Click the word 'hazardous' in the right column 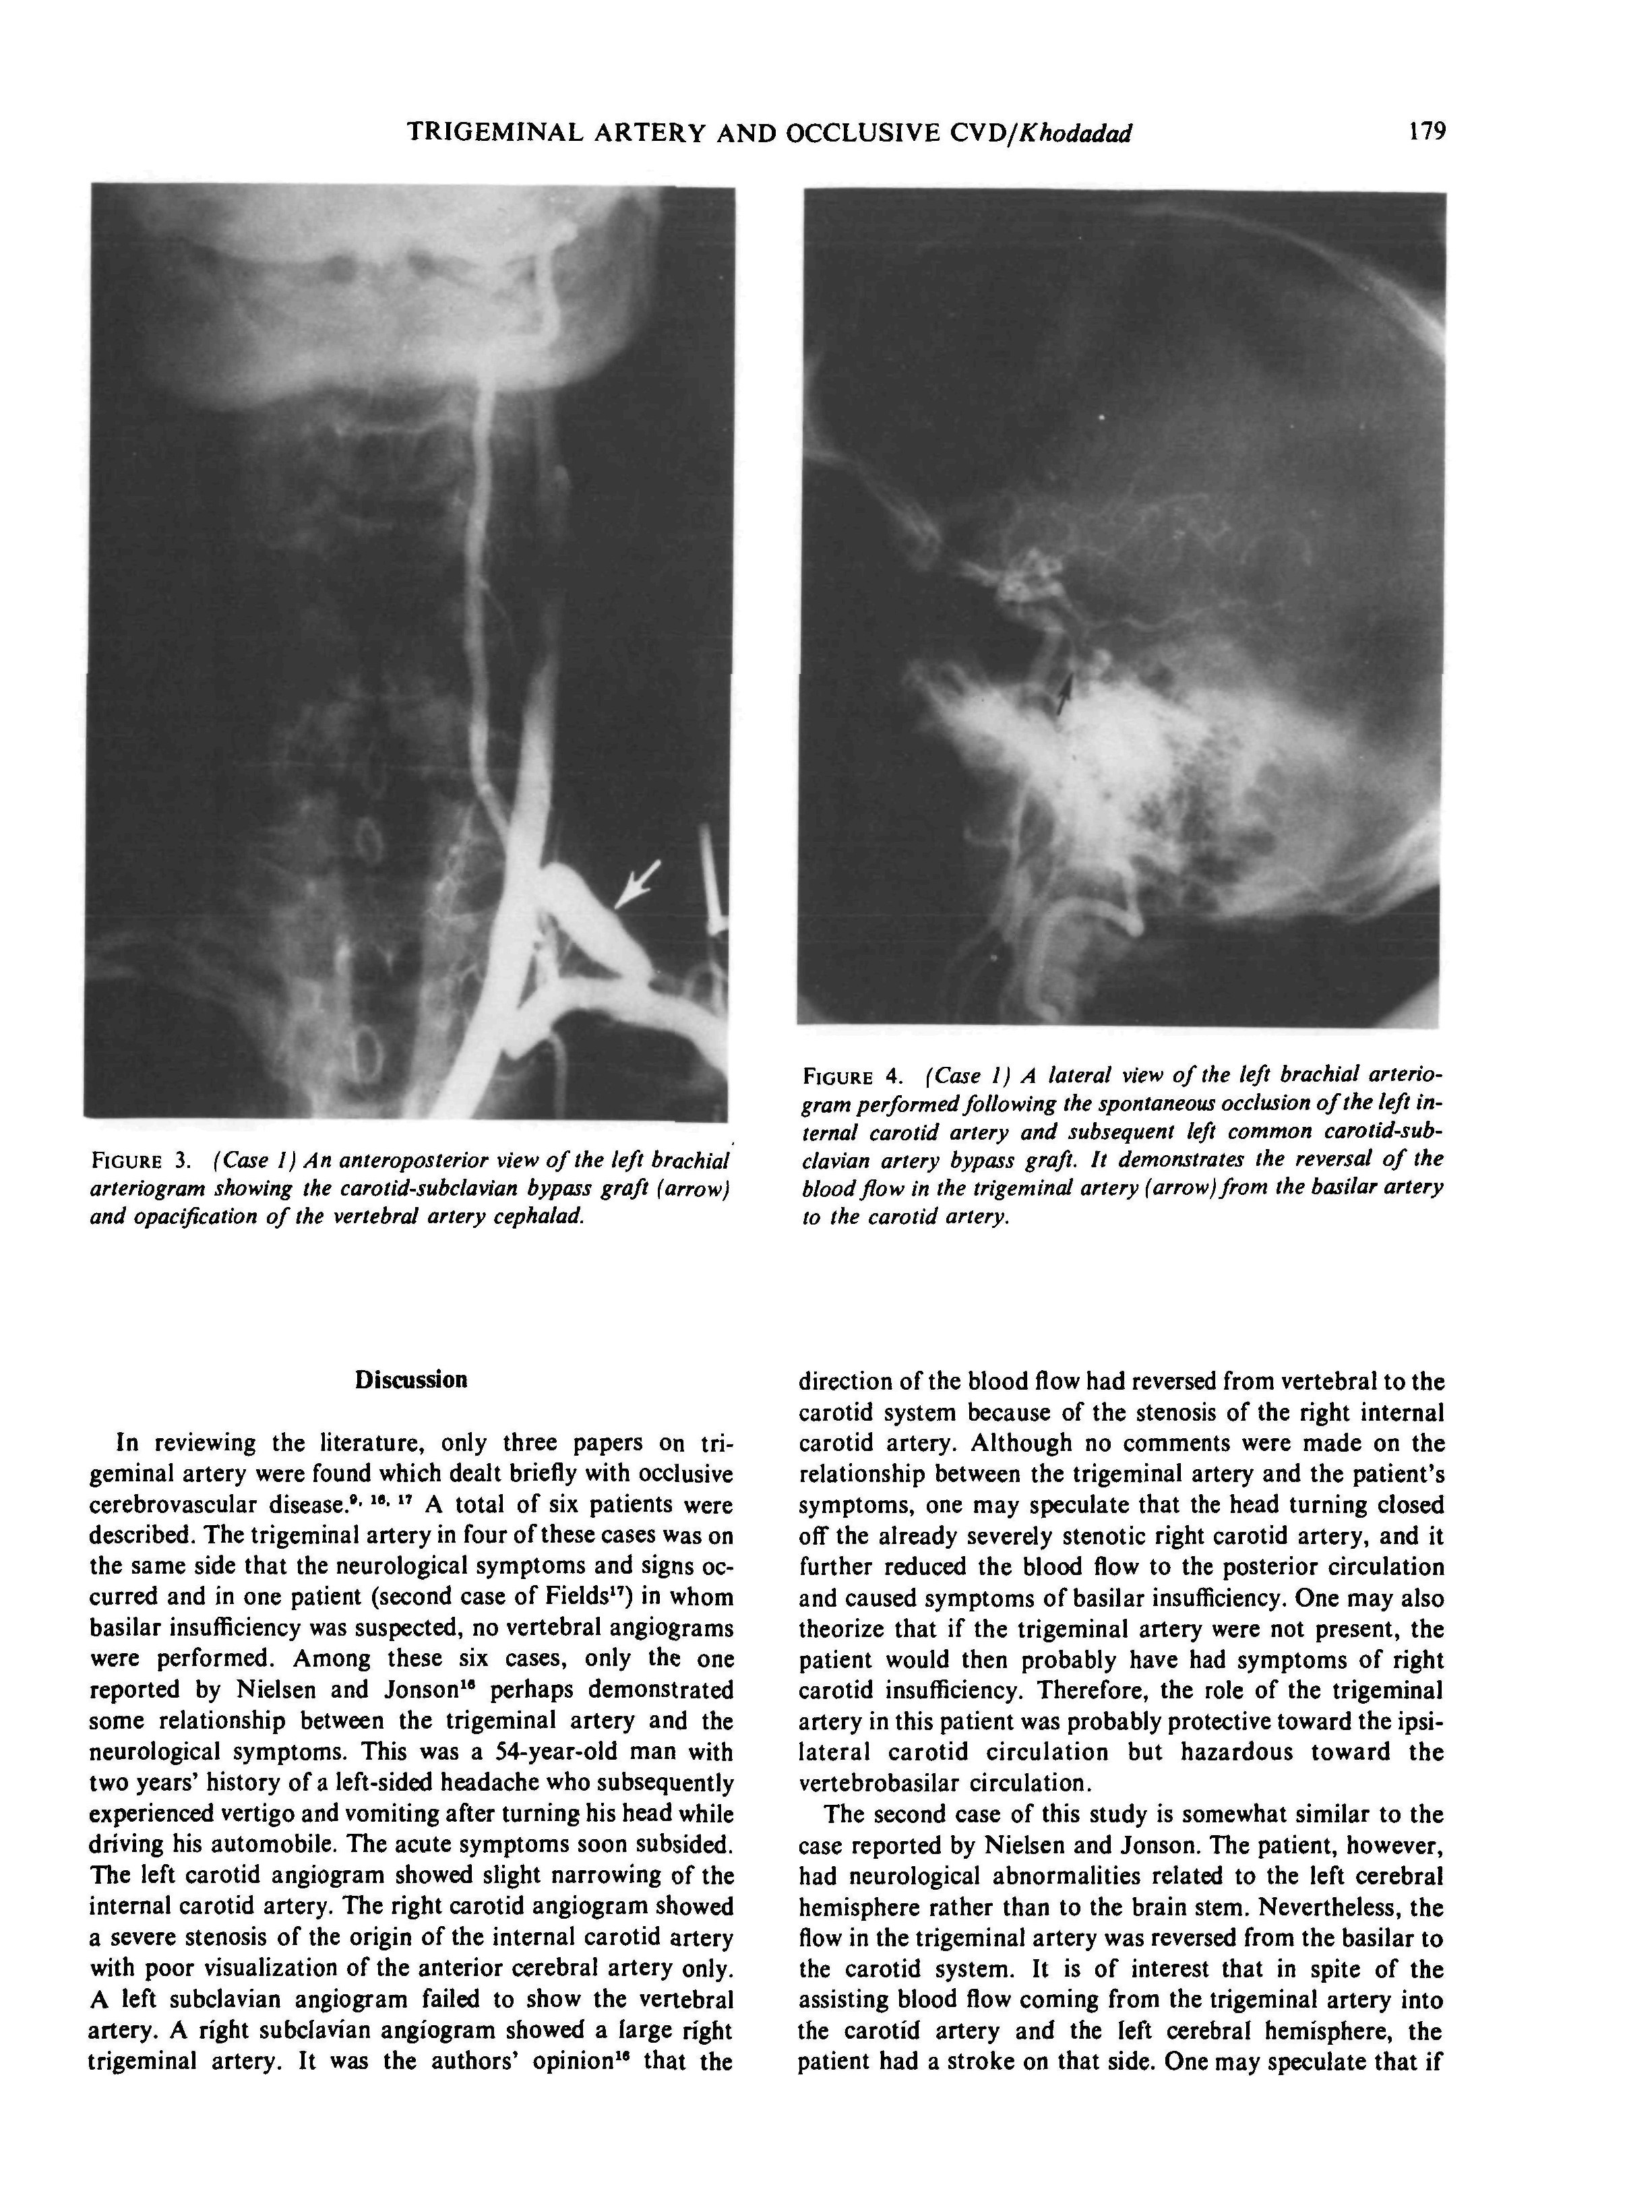pos(1235,1752)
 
